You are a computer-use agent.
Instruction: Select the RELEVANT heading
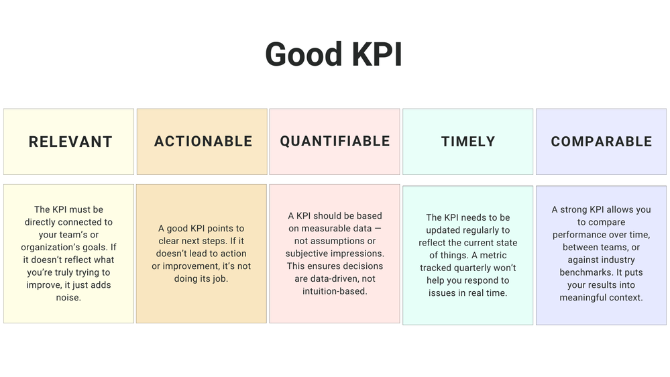(70, 142)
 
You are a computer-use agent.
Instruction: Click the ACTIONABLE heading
(203, 142)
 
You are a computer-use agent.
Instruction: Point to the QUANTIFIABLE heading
(335, 141)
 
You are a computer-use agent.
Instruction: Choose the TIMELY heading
(468, 142)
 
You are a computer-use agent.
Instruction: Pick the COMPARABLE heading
(602, 142)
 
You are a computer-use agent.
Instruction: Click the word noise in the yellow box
(68, 297)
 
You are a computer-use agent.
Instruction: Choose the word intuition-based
(335, 291)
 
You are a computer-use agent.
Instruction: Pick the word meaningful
(588, 297)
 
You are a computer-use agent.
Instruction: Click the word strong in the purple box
(575, 209)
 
